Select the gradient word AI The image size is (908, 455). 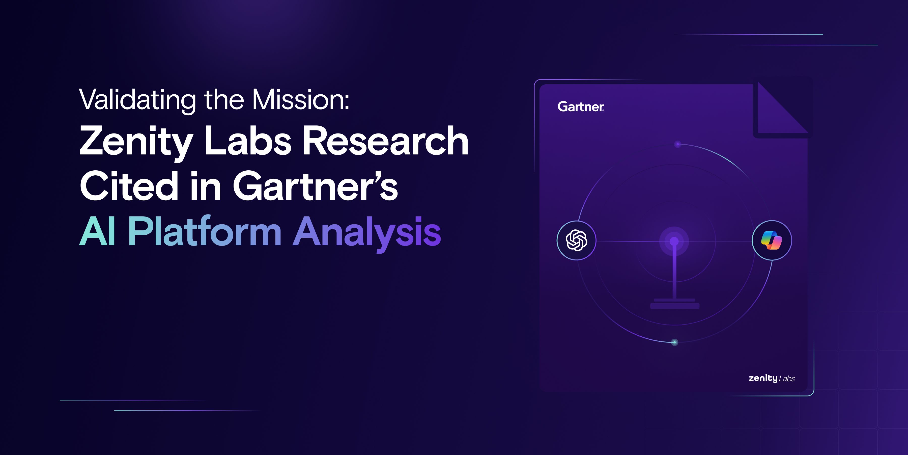click(98, 231)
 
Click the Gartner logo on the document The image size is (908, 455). click(581, 106)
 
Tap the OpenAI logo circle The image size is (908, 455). click(576, 240)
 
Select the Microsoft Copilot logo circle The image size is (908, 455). click(772, 240)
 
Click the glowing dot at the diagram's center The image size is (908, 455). click(674, 241)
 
